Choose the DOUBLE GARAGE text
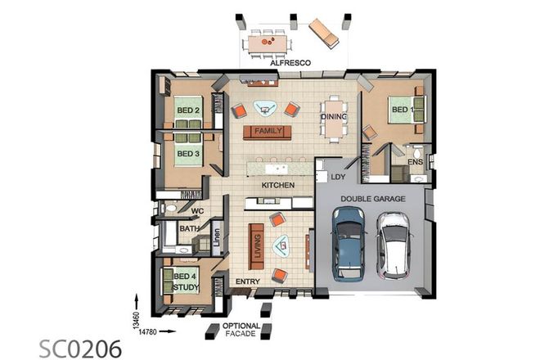(368, 197)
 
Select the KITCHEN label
(277, 186)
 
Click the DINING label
(334, 117)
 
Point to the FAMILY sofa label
(268, 132)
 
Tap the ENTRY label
(247, 282)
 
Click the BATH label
(189, 230)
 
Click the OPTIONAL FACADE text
(241, 329)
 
